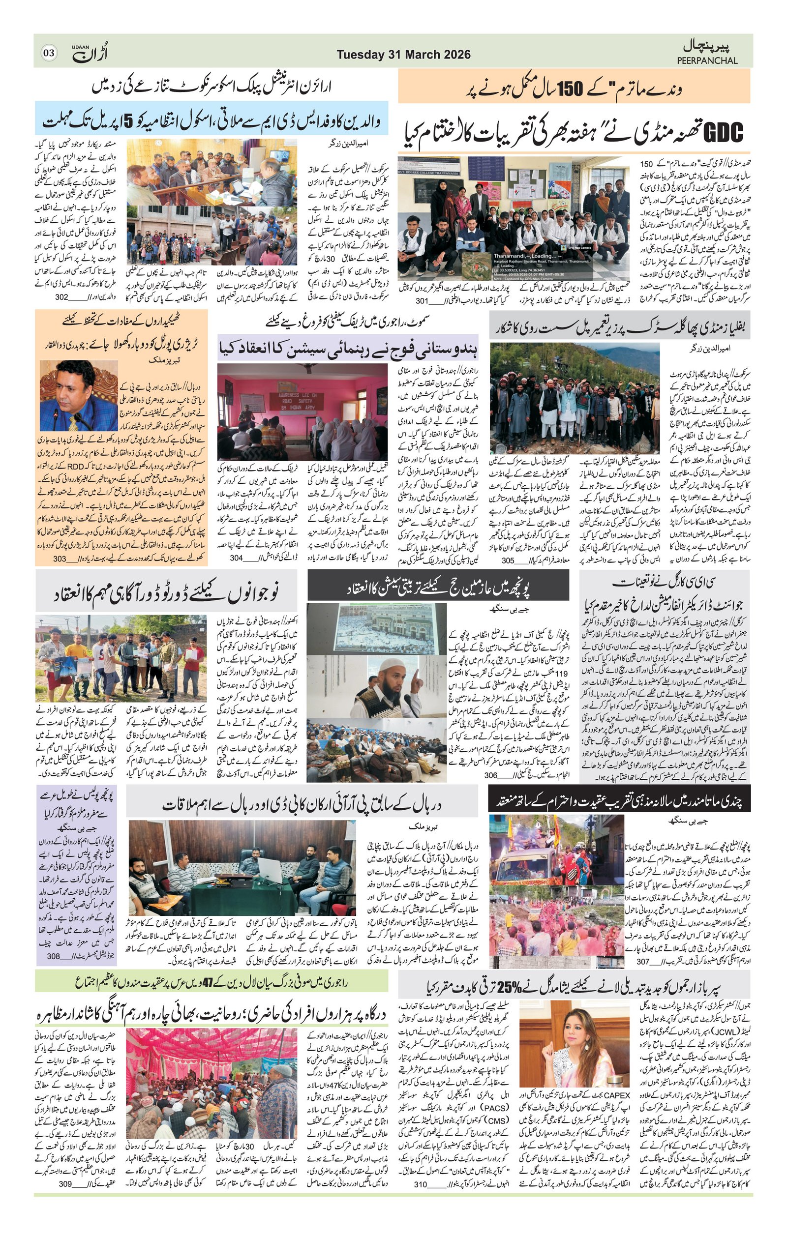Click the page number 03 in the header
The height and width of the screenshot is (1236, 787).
tap(49, 53)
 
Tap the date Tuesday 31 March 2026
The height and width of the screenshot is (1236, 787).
tap(403, 55)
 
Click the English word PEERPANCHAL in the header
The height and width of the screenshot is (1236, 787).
tap(707, 60)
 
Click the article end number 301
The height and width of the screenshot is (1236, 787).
tap(422, 301)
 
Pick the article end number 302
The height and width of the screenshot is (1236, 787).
tap(61, 296)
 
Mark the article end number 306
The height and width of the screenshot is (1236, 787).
tap(491, 776)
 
